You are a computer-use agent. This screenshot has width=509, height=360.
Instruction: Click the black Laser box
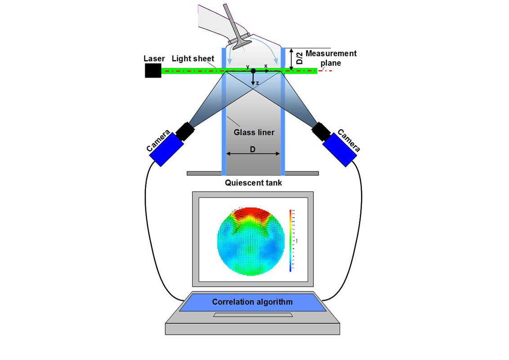click(x=153, y=70)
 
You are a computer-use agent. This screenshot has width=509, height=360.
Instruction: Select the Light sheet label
click(x=192, y=58)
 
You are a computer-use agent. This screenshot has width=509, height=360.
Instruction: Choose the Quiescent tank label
click(x=253, y=183)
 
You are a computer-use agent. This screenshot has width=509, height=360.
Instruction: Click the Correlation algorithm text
click(x=252, y=302)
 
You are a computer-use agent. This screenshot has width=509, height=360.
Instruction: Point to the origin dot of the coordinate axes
click(x=253, y=71)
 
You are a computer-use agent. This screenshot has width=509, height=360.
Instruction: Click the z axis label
click(x=257, y=83)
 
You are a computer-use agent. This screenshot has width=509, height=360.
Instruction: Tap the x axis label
click(x=266, y=66)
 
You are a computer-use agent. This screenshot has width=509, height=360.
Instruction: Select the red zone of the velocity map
click(x=252, y=215)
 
